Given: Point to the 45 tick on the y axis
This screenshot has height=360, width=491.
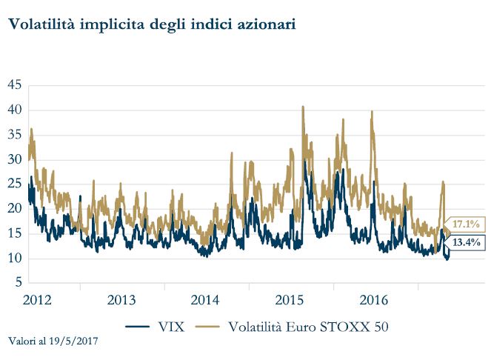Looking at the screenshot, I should coord(14,85).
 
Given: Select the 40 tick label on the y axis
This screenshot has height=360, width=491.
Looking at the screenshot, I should coord(14,110).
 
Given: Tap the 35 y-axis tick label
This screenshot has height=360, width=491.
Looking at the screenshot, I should coord(14,135).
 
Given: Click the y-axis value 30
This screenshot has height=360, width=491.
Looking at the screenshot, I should coord(14,159).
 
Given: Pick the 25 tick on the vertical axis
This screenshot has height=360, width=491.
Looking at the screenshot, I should coord(14,184).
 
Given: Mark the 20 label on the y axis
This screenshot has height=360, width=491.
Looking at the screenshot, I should coord(14,209).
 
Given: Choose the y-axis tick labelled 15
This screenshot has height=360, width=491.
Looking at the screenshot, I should coord(14,233).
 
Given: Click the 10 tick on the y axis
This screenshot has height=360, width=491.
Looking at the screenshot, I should coord(14,259).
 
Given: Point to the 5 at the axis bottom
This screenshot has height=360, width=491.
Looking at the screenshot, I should coord(17,283).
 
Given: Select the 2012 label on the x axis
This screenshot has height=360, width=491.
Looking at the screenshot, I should coord(37,300).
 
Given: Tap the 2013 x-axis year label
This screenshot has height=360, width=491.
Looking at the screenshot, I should coord(121,300).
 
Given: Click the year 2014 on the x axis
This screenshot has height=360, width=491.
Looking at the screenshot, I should coord(205,300).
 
